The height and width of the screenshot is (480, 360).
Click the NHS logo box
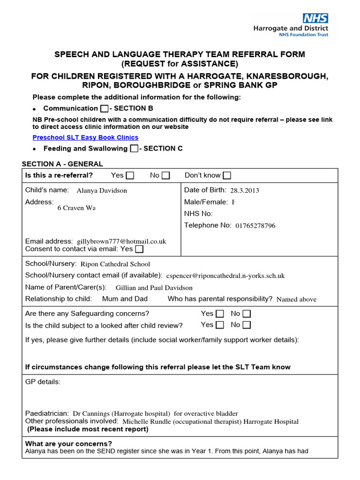315,18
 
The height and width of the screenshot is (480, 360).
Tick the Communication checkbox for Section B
104,109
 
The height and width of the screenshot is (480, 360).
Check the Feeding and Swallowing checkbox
134,149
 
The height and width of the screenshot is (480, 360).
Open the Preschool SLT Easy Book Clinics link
85,137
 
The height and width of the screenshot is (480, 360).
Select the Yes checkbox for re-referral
130,176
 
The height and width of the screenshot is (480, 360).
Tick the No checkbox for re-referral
165,176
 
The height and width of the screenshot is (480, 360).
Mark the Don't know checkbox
227,176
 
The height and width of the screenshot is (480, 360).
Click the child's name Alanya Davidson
102,191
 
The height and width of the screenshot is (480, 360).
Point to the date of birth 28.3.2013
245,190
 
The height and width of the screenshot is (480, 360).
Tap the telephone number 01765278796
255,225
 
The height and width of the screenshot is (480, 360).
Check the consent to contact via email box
139,249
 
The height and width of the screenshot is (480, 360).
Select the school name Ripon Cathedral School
115,264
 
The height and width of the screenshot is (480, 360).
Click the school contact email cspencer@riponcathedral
225,276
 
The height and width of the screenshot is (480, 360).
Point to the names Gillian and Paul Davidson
154,288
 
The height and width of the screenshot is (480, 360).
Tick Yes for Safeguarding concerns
220,314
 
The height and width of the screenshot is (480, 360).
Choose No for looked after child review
247,325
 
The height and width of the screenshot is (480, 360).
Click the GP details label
43,382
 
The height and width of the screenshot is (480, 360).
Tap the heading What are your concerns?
68,444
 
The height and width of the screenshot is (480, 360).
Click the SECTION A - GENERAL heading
62,164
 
